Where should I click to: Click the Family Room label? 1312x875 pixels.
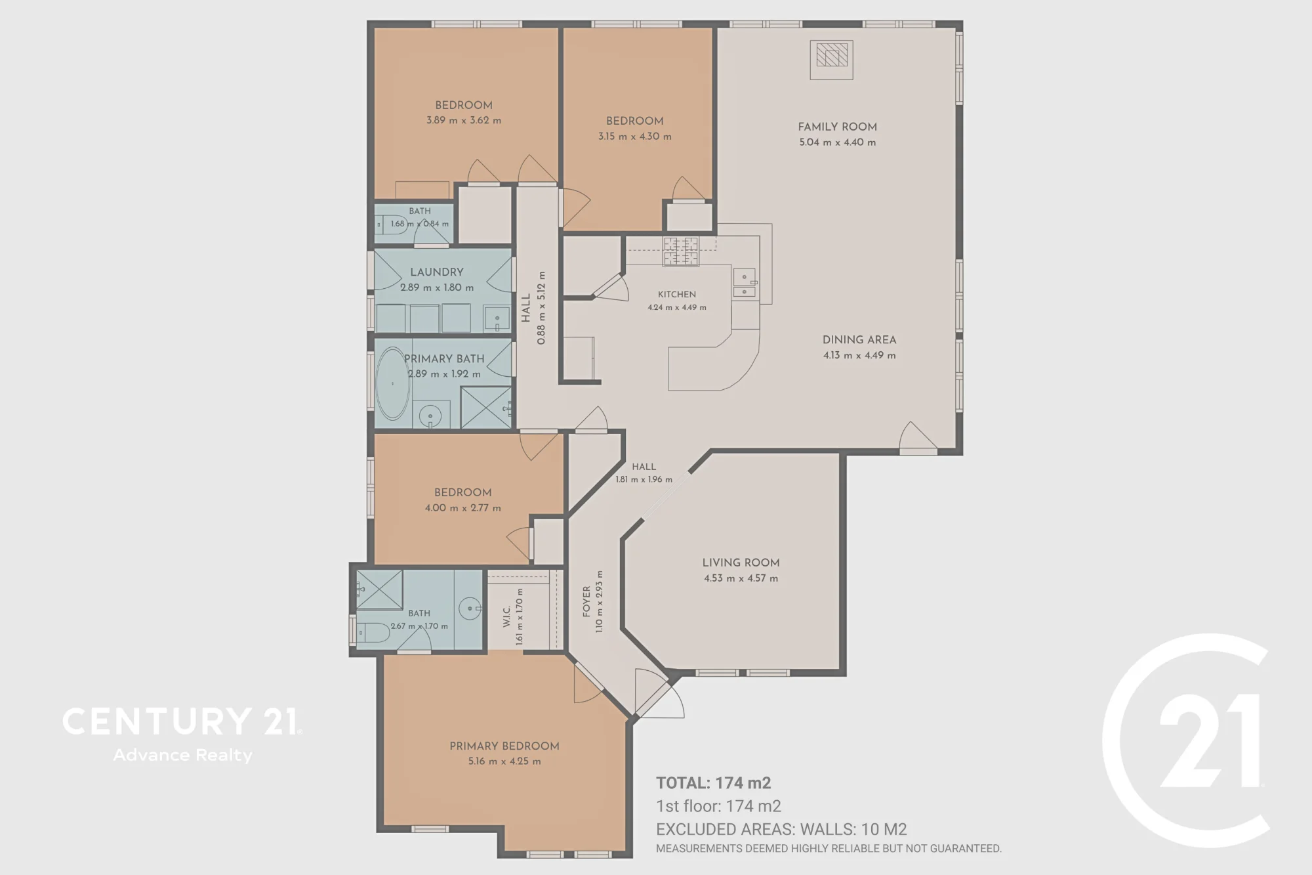[x=837, y=127]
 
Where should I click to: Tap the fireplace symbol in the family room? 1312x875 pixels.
[x=831, y=60]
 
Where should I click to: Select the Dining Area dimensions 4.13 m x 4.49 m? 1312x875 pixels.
[x=859, y=355]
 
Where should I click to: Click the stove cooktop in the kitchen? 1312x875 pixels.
[x=681, y=251]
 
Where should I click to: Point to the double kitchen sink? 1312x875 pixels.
[x=744, y=283]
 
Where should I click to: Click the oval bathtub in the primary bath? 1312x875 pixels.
[x=392, y=383]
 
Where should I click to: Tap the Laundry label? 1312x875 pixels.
[x=437, y=272]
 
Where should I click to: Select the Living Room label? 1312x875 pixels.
[x=741, y=563]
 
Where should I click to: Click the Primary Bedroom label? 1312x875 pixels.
[x=504, y=746]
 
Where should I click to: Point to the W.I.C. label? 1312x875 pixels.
[x=506, y=616]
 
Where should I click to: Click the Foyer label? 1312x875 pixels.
[x=586, y=601]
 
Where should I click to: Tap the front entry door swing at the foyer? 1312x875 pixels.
[x=660, y=694]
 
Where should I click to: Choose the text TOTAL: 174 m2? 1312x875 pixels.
[x=713, y=782]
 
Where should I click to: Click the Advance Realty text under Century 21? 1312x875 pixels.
[x=182, y=756]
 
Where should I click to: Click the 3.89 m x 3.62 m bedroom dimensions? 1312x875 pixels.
[x=464, y=120]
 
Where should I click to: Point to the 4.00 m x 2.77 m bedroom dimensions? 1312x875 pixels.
[x=462, y=507]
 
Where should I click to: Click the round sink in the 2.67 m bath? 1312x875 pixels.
[x=470, y=608]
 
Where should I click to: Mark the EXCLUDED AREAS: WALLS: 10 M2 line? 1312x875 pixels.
[x=781, y=829]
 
